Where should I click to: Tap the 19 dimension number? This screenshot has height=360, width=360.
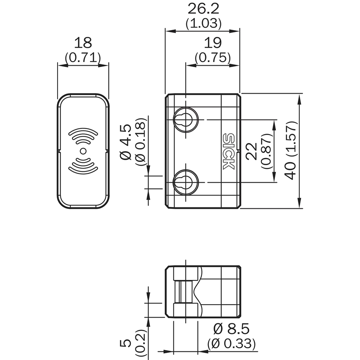(x=212, y=43)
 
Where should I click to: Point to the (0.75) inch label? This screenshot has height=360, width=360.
(x=212, y=58)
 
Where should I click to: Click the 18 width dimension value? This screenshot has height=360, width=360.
(x=83, y=43)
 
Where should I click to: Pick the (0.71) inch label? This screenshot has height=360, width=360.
(x=83, y=58)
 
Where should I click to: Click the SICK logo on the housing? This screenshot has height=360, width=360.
(x=229, y=151)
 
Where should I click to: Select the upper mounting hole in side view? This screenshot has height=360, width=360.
(x=184, y=119)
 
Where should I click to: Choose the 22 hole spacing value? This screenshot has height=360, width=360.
(x=252, y=151)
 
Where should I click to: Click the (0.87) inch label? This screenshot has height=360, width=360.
(x=266, y=151)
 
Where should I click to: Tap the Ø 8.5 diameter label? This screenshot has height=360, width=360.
(x=232, y=328)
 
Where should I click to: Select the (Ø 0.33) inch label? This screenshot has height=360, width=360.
(x=232, y=344)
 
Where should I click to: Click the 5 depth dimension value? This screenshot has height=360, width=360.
(x=127, y=343)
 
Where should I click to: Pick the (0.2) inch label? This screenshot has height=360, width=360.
(x=141, y=343)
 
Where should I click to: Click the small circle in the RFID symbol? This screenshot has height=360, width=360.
(x=83, y=151)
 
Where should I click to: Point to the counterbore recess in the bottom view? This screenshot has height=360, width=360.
(x=184, y=292)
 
